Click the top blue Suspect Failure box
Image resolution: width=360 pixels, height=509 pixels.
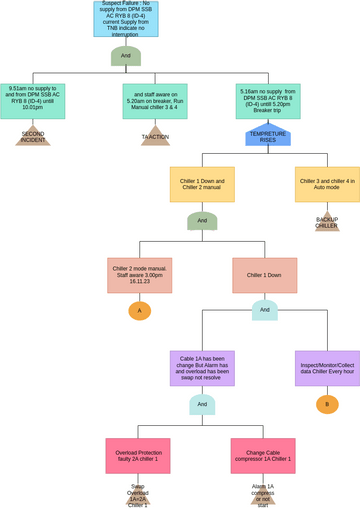(x=125, y=19)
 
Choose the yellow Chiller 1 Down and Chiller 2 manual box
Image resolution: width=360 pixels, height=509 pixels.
(x=202, y=184)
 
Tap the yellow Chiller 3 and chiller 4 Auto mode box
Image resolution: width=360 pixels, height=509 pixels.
(x=327, y=184)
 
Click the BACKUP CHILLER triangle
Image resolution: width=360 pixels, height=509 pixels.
(x=327, y=222)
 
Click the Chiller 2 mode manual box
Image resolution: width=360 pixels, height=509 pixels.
(x=139, y=275)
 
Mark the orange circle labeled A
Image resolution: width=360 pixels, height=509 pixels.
(x=139, y=311)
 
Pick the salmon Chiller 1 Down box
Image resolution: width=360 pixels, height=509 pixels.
(x=264, y=275)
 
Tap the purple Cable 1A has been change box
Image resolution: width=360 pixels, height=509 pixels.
(x=202, y=368)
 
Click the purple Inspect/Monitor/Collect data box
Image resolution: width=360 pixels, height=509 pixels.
(x=327, y=368)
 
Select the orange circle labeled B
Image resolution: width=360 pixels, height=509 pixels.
(x=327, y=404)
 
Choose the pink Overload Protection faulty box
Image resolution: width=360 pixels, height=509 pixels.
(x=138, y=456)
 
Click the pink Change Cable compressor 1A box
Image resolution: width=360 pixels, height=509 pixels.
(x=263, y=456)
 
